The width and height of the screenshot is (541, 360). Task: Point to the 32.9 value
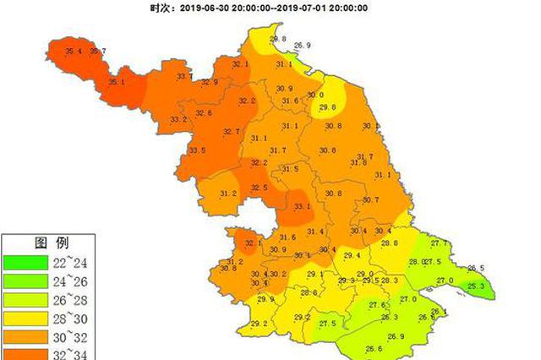click(209, 82)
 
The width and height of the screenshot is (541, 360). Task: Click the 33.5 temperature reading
click(197, 150)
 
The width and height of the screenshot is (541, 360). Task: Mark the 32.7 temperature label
click(231, 131)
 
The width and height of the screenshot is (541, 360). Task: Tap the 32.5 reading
click(260, 188)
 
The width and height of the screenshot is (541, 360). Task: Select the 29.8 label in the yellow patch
click(328, 107)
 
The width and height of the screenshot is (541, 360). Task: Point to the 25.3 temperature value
click(477, 286)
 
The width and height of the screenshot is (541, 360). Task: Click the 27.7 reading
click(439, 243)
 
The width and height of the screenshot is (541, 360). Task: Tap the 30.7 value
click(370, 199)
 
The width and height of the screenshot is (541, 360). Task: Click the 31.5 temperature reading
click(290, 169)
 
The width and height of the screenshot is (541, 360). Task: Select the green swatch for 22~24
click(28, 261)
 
